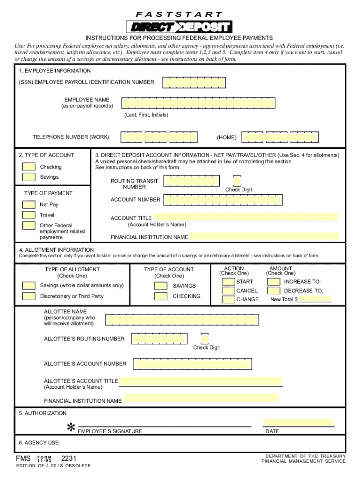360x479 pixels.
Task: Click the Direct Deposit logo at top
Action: tap(179, 27)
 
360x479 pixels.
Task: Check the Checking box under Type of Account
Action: tap(29, 167)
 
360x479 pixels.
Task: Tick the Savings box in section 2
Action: tap(29, 177)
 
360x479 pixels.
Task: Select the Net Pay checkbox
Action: tap(29, 204)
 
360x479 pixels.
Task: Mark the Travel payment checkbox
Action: tap(29, 215)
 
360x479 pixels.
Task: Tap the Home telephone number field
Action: tap(281, 137)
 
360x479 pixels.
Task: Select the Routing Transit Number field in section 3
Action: tap(192, 181)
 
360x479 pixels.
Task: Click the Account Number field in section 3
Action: tap(223, 200)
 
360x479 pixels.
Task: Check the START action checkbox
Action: tap(229, 282)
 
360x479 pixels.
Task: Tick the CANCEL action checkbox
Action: tap(229, 290)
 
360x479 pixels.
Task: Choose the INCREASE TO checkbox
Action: tap(274, 282)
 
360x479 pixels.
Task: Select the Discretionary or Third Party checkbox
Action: tap(29, 296)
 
